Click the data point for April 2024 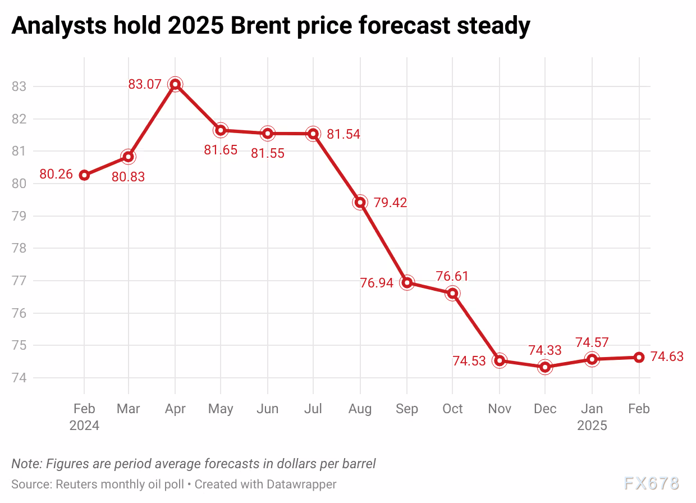(175, 85)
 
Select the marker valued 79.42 (360, 203)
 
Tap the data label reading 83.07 (145, 85)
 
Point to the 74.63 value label (667, 356)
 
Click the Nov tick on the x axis (499, 409)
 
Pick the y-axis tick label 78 (19, 248)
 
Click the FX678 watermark (651, 483)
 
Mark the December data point (545, 367)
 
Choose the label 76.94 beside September (377, 283)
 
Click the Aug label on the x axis (360, 409)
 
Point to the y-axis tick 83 (19, 86)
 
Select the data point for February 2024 (84, 175)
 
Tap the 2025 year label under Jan (592, 426)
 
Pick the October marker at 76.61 (452, 293)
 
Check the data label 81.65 (221, 150)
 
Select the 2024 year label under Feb (84, 426)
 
